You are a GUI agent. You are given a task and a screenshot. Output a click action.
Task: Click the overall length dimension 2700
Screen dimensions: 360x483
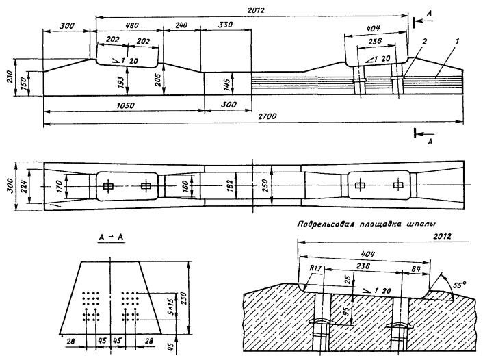click(267, 117)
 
